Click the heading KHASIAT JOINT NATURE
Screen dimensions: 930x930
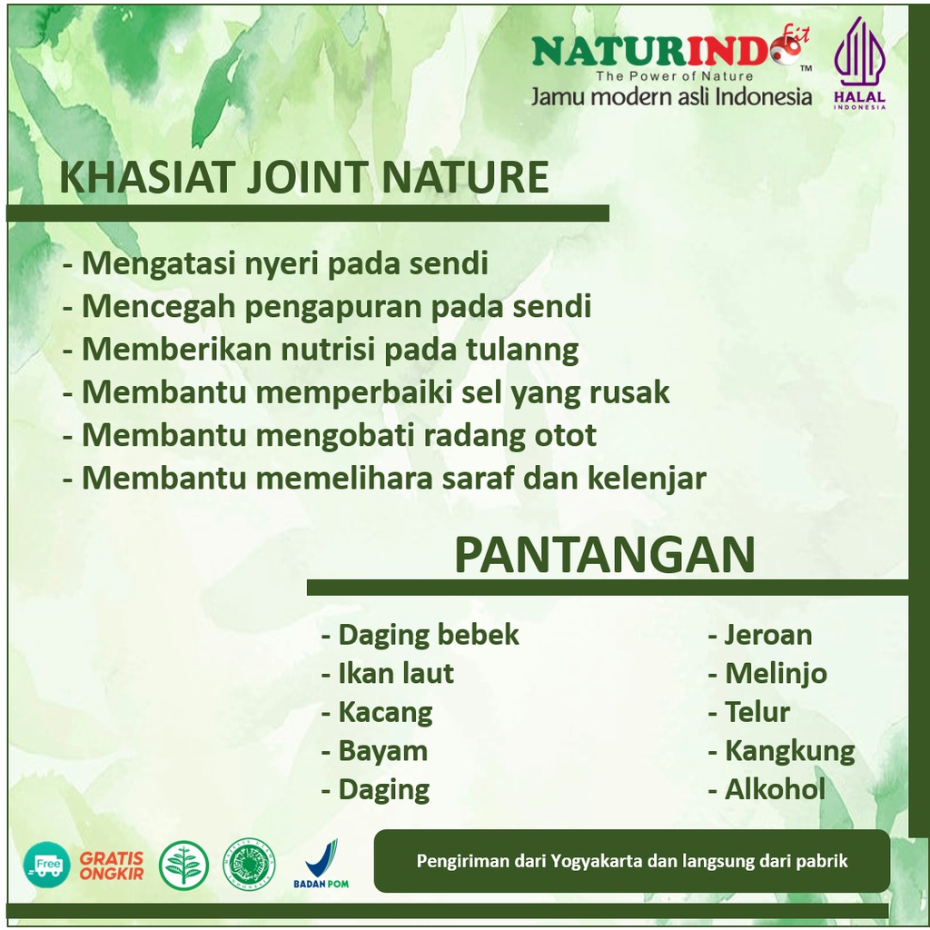tap(304, 177)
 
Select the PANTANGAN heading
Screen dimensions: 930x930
tap(604, 554)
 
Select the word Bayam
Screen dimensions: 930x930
tap(382, 751)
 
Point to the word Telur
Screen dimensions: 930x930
tap(757, 712)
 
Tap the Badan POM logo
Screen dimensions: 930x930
tap(321, 864)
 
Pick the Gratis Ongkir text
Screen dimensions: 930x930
tap(112, 866)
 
